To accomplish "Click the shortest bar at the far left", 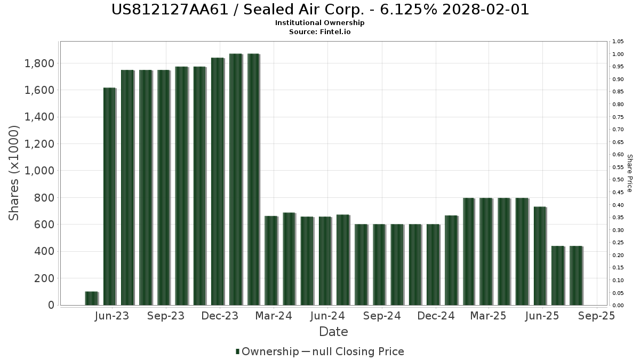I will click(x=91, y=298).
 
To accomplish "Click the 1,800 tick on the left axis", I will click(x=41, y=63).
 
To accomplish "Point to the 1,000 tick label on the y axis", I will click(x=41, y=171).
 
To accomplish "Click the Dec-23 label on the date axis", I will click(x=220, y=316).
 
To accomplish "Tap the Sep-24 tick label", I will click(x=381, y=316).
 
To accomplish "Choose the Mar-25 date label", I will click(x=488, y=316).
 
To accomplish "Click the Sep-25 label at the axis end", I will click(x=597, y=316).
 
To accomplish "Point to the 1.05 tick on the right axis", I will click(x=618, y=42).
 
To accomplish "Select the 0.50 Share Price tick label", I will click(x=618, y=180).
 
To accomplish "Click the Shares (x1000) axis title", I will click(x=14, y=173).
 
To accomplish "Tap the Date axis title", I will click(x=333, y=332).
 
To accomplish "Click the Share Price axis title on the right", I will click(x=629, y=173).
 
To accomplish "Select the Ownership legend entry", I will click(x=267, y=351).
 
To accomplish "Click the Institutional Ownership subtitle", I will click(x=320, y=23).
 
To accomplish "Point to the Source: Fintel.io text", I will click(x=320, y=31).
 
